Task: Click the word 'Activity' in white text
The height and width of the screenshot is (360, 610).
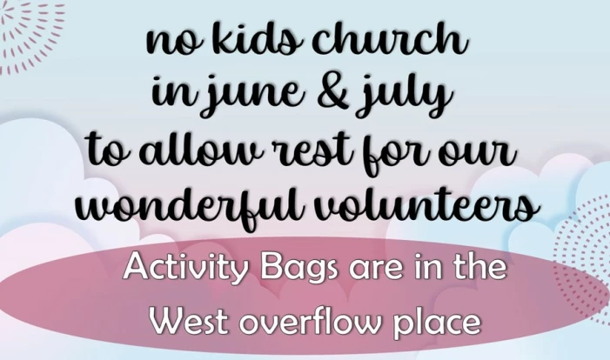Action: (x=185, y=268)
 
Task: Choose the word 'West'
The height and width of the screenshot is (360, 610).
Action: (x=189, y=322)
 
